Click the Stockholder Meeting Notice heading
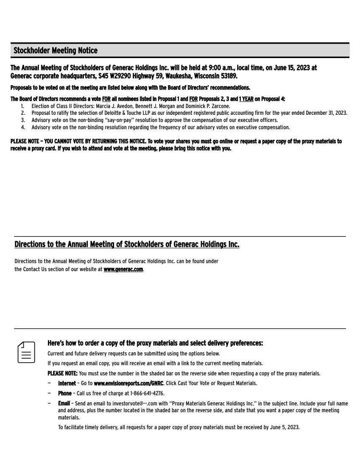tap(56, 51)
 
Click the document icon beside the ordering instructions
tap(26, 351)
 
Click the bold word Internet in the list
tap(67, 383)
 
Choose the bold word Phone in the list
tap(65, 393)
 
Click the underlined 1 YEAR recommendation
tap(246, 99)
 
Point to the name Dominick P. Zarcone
tap(209, 106)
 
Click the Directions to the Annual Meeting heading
tap(127, 244)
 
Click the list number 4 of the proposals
tap(22, 127)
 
